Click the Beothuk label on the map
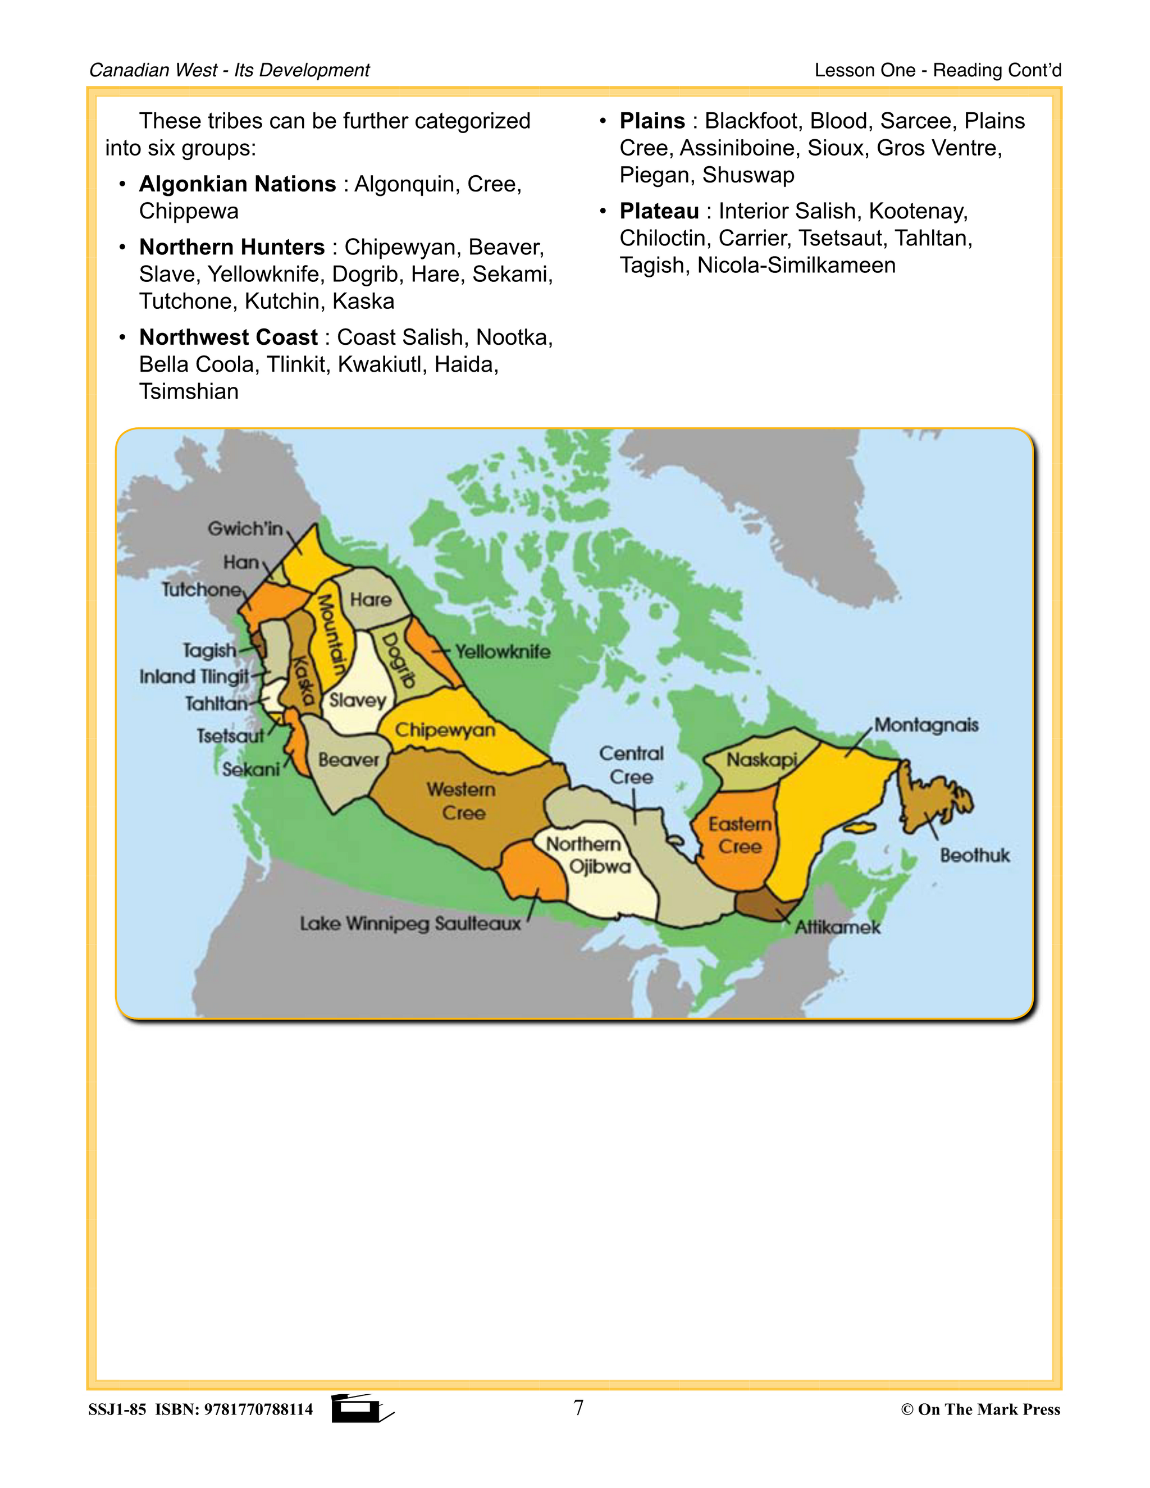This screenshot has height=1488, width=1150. (974, 855)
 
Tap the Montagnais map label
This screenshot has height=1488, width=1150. (926, 725)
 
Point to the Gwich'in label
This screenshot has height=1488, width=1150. (245, 529)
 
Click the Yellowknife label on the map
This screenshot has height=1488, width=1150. (503, 652)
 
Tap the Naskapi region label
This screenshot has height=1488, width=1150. (761, 760)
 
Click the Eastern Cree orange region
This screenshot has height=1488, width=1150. (739, 836)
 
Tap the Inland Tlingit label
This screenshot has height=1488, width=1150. (194, 677)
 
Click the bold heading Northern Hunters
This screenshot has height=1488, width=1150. (232, 247)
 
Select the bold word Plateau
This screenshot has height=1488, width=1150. (659, 211)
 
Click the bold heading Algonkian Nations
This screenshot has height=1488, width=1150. (237, 184)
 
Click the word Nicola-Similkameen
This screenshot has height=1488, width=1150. (796, 265)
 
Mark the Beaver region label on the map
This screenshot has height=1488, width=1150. (348, 760)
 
